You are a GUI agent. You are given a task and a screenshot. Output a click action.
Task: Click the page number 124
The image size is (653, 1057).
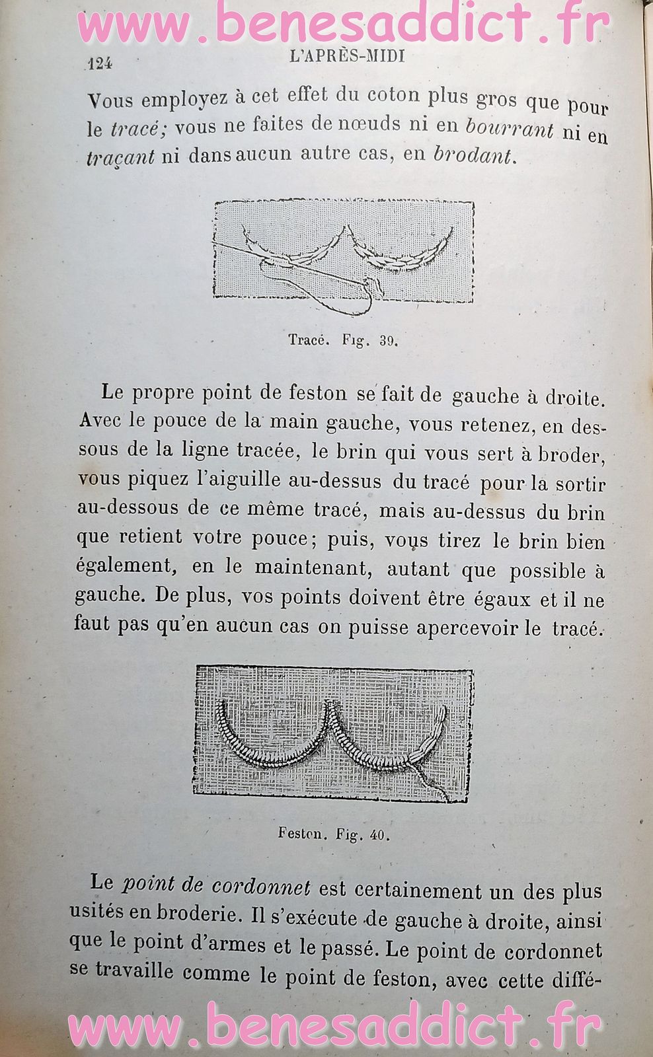pyautogui.click(x=100, y=63)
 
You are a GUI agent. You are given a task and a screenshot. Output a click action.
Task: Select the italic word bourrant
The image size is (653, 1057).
pyautogui.click(x=510, y=129)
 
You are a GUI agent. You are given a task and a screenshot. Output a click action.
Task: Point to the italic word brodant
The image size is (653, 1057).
pyautogui.click(x=473, y=156)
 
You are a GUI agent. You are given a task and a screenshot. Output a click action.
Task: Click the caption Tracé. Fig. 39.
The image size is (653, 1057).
pyautogui.click(x=343, y=341)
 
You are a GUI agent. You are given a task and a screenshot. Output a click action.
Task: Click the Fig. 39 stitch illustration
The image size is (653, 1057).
pyautogui.click(x=343, y=252)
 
